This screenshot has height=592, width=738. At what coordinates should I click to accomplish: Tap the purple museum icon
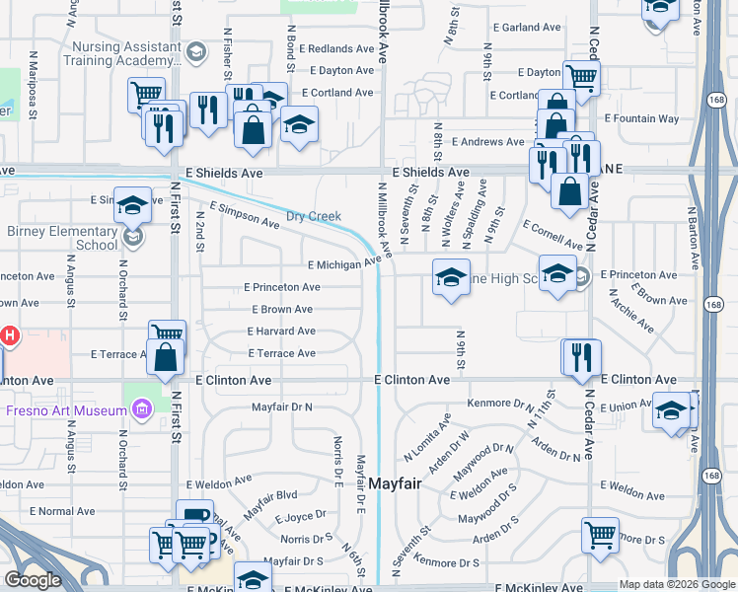coord(140,408)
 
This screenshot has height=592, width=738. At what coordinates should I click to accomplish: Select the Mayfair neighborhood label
coord(402,483)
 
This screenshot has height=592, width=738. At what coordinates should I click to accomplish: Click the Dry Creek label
coord(313,216)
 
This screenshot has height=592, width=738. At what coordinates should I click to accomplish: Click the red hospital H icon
coord(9,336)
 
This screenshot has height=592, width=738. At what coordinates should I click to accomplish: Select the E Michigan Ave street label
coord(343,264)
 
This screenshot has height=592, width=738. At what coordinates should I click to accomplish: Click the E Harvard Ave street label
coord(281,332)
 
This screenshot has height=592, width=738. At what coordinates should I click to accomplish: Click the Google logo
coord(33,580)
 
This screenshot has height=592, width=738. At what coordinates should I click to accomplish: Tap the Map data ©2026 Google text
coord(676,584)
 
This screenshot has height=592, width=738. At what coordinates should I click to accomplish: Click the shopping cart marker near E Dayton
coord(582,78)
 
